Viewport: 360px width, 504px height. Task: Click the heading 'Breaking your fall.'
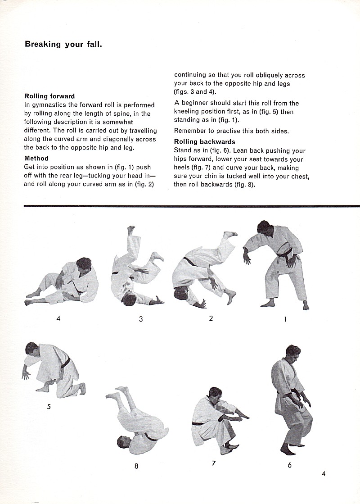click(63, 44)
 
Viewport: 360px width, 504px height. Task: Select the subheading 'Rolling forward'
click(49, 96)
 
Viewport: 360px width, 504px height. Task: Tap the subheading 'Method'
click(36, 158)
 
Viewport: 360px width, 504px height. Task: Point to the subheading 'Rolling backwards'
click(205, 142)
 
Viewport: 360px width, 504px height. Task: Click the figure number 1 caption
click(285, 319)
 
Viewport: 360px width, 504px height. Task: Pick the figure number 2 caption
click(211, 318)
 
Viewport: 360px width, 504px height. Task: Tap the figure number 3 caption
click(141, 319)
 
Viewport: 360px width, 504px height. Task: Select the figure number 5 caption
click(49, 407)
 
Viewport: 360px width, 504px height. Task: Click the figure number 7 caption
click(214, 463)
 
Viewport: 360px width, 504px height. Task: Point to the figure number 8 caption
click(136, 466)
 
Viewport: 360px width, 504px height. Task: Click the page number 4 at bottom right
click(324, 473)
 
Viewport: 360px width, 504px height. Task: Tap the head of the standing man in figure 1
click(265, 228)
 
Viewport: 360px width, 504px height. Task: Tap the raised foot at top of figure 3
click(130, 230)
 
